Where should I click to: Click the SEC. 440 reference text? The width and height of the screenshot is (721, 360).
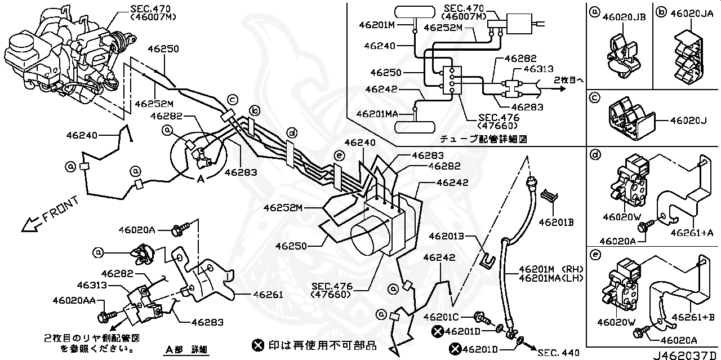pos(558,353)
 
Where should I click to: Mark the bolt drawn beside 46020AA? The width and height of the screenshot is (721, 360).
pos(106,317)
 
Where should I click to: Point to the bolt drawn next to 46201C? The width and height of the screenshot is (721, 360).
pos(482,318)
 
